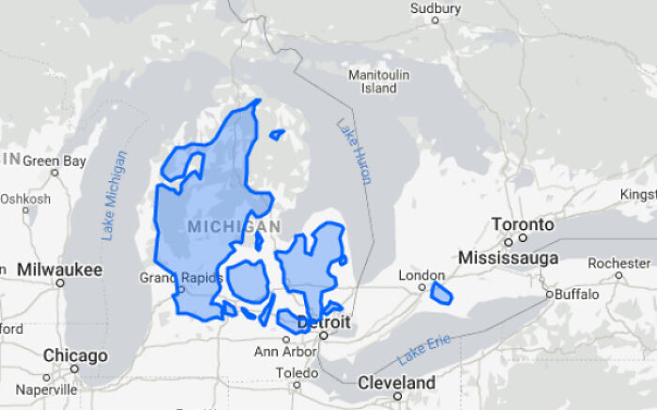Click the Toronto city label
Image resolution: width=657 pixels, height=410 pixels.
pos(523,225)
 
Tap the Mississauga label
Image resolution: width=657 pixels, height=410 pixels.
pos(508,257)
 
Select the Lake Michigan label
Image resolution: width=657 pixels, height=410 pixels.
pos(115,195)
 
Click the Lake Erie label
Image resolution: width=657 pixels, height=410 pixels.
pos(423,349)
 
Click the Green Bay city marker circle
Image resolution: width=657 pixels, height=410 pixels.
pos(55,173)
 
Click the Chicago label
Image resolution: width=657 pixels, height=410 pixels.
pos(74,357)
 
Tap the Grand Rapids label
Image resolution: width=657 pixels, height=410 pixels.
pos(181,278)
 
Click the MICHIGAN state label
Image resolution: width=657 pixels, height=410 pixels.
pos(234,227)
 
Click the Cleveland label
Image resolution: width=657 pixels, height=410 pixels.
pos(395,383)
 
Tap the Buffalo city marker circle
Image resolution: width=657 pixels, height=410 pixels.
pos(550,295)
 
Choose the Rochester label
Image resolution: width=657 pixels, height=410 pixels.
pos(619,263)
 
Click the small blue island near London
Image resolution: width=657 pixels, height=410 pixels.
pos(441,294)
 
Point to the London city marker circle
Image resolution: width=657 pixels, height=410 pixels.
pos(421,287)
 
